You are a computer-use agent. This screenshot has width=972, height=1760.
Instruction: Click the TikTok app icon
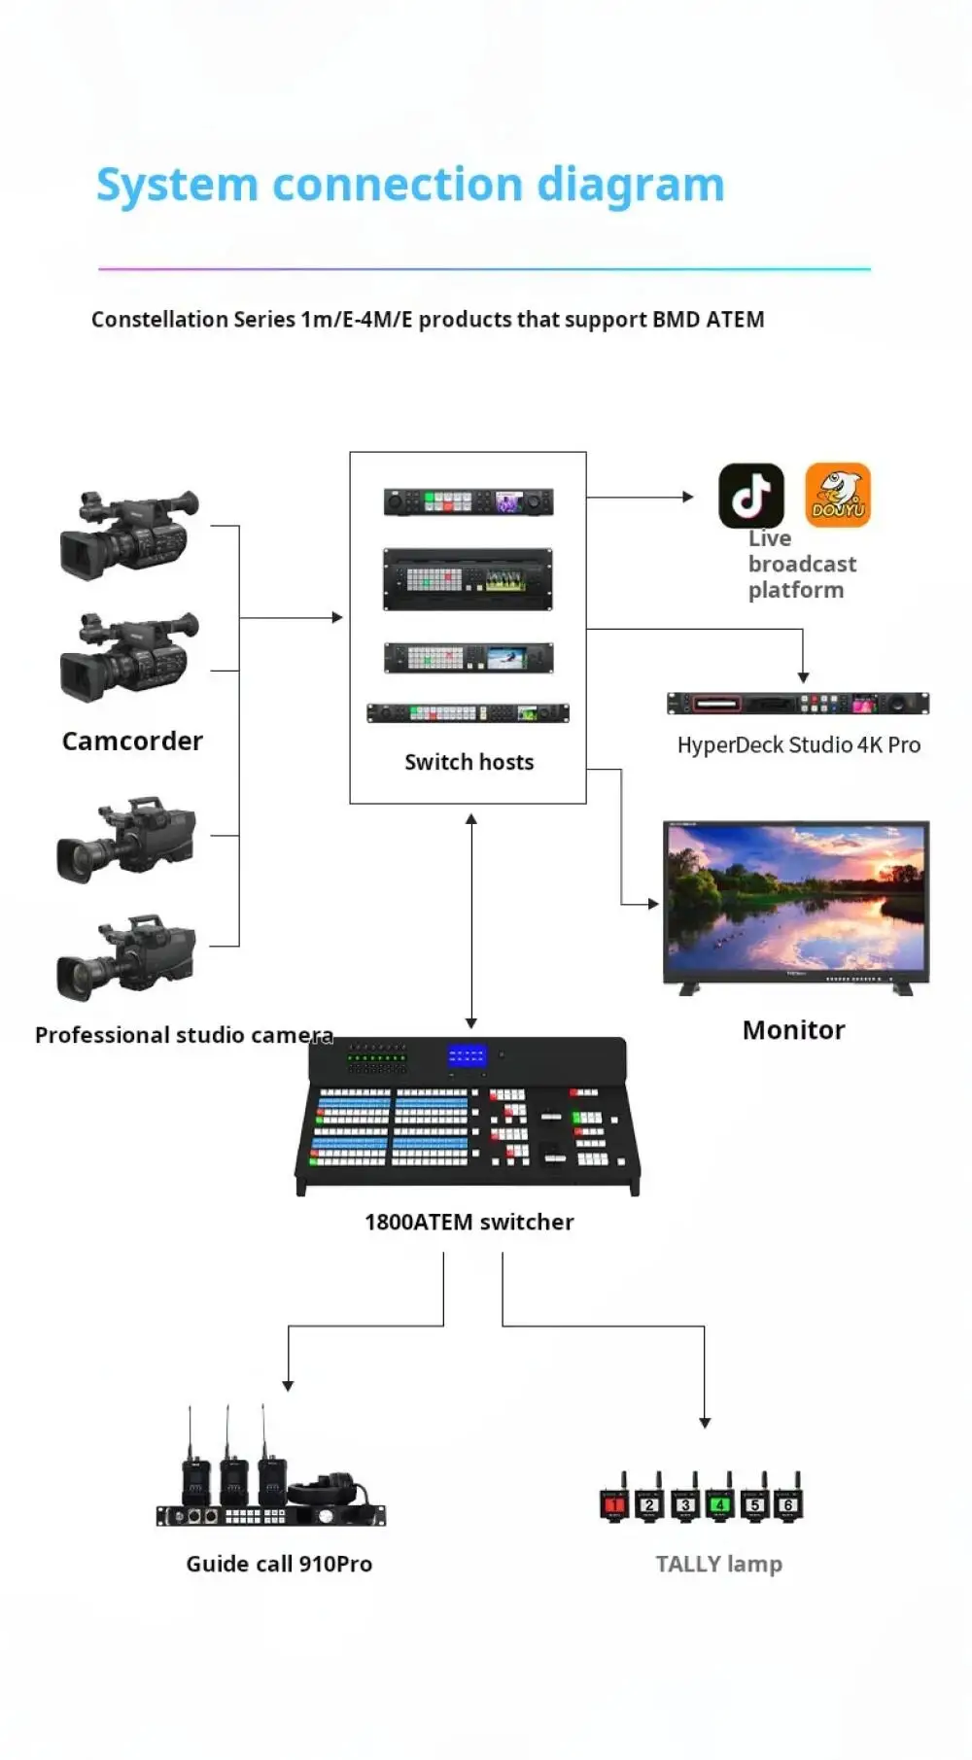750,495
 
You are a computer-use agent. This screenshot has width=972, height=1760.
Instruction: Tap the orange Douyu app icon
838,495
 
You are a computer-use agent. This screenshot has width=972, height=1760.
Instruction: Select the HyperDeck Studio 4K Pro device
798,703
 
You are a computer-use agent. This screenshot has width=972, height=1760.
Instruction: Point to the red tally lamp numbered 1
614,1501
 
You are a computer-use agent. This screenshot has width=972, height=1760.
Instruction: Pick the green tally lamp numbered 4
719,1501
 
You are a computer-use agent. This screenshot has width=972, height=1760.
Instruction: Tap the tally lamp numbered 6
788,1501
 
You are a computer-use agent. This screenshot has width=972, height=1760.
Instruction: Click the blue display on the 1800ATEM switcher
467,1055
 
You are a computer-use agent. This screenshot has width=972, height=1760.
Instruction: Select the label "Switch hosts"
469,762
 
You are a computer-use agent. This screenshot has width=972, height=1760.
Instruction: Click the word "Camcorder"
132,741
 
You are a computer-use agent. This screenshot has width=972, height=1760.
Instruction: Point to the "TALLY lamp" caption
718,1564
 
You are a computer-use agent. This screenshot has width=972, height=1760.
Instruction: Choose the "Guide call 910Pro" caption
279,1564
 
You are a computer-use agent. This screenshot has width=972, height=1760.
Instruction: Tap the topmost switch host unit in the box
469,501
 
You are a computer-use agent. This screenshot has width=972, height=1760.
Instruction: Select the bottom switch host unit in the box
468,713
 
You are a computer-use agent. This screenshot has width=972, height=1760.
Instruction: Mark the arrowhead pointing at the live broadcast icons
688,497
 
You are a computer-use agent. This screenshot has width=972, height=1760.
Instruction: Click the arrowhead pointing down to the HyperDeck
803,677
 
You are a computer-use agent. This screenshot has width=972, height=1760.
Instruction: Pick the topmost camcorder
129,535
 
